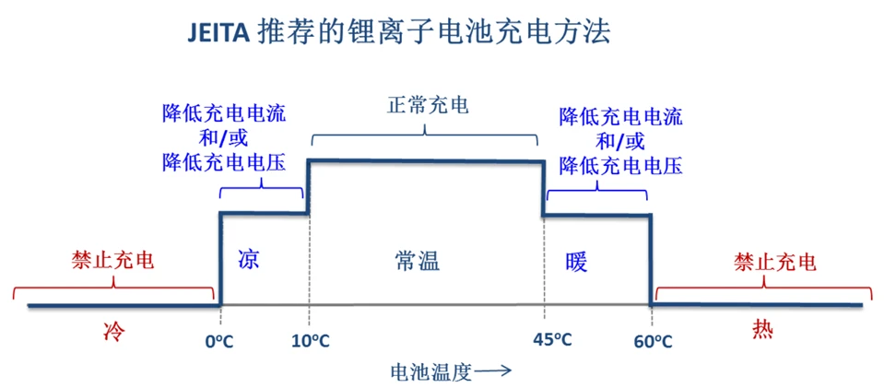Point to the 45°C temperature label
[x=553, y=340]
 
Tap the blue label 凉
[x=248, y=259]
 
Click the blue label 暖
[x=577, y=262]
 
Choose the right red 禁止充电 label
[x=775, y=262]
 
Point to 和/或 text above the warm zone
[x=619, y=141]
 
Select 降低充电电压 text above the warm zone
[x=620, y=166]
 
